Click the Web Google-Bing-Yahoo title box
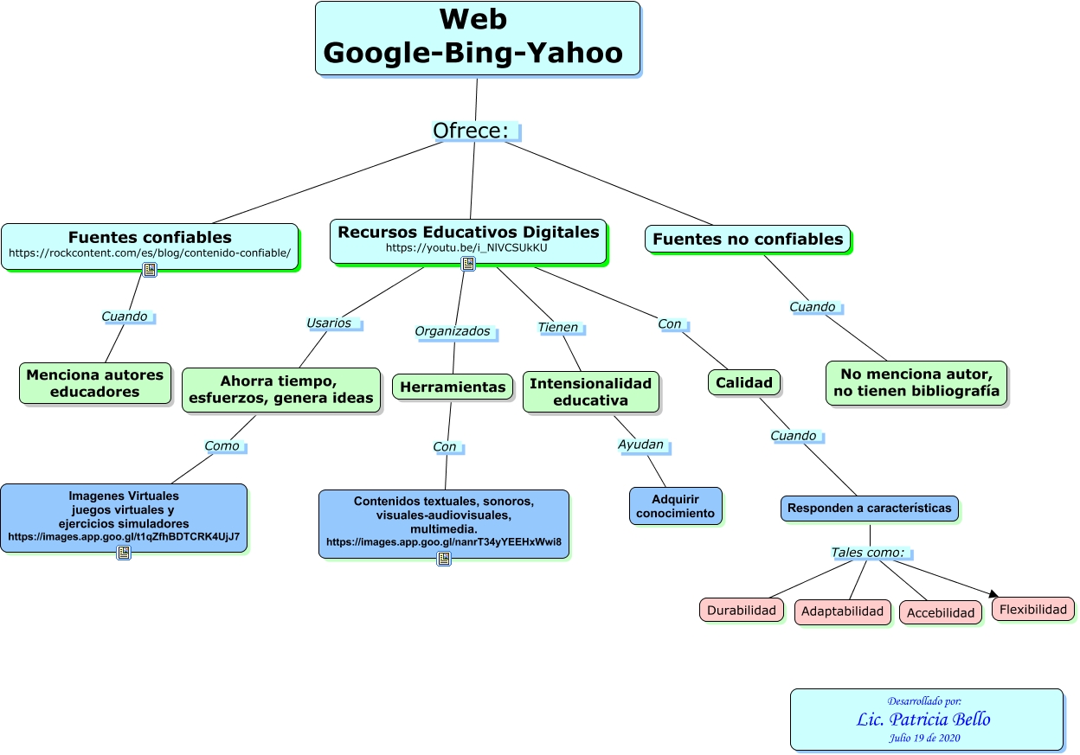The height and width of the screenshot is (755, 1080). click(x=477, y=39)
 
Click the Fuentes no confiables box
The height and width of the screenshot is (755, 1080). click(x=748, y=239)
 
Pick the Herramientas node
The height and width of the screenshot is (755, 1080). click(x=453, y=387)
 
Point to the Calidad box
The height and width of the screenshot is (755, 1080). click(x=744, y=382)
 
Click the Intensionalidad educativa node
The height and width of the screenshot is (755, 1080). click(x=590, y=392)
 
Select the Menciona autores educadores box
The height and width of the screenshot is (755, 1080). click(x=94, y=383)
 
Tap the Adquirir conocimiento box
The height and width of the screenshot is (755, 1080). click(x=675, y=506)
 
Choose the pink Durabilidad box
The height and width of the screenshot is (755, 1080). click(x=742, y=610)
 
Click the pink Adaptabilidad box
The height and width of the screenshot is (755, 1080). click(x=843, y=611)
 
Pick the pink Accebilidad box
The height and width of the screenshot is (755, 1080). click(x=941, y=612)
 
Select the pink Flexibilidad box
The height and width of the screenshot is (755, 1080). click(x=1033, y=609)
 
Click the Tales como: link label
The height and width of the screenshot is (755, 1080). click(x=867, y=553)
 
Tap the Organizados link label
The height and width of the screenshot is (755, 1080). click(x=453, y=331)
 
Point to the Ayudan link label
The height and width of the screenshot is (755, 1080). click(x=641, y=445)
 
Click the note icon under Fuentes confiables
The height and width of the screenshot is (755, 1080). click(x=150, y=270)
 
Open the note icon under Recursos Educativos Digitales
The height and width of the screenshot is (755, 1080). click(x=468, y=264)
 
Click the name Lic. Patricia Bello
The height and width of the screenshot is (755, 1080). click(x=923, y=720)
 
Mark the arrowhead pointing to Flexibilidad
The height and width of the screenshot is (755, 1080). click(x=993, y=593)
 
